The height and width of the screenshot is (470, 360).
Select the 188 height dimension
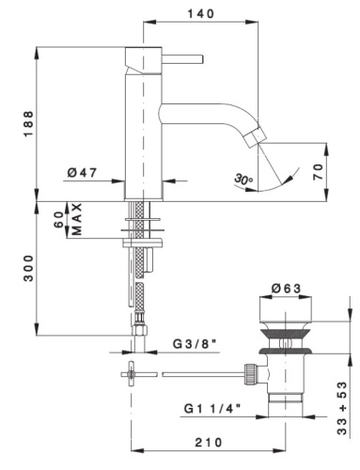point(29,122)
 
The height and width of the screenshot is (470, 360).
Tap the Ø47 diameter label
point(84,173)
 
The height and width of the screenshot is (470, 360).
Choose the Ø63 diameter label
point(285,289)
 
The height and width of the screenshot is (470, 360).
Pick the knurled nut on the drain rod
point(251,374)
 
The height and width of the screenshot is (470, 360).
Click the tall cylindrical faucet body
point(145,122)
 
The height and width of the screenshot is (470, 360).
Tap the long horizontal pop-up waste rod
point(202,374)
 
